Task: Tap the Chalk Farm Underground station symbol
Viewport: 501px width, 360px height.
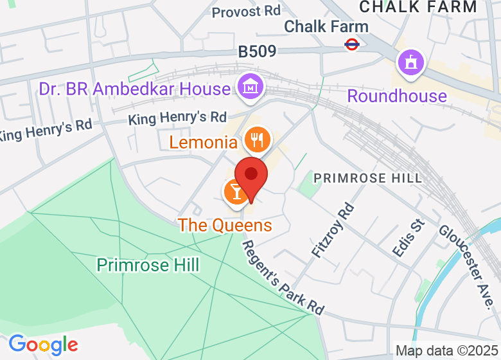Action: click(351, 44)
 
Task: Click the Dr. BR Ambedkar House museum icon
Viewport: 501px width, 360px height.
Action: click(249, 86)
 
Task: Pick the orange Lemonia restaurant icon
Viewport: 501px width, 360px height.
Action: click(257, 139)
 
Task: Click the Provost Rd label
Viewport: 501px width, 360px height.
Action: click(246, 12)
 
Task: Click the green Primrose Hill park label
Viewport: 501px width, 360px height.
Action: click(148, 264)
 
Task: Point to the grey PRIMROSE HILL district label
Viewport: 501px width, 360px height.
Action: click(367, 178)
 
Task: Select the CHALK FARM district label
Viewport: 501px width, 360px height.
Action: click(418, 7)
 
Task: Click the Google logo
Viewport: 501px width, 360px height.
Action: click(43, 345)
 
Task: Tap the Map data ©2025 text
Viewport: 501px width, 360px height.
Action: click(446, 351)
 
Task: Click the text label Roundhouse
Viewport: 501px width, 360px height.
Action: click(397, 96)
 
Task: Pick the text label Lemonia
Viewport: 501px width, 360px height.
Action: click(204, 142)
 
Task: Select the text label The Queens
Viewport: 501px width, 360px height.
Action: click(225, 226)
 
